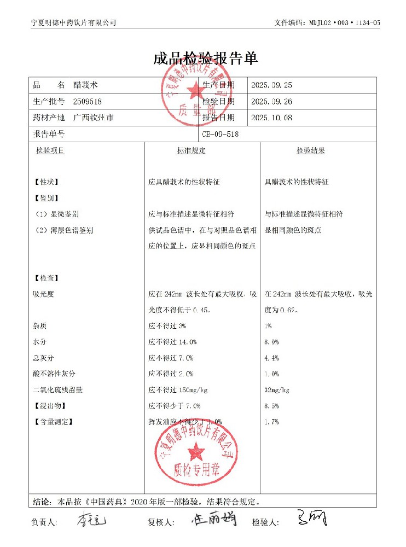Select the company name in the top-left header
(x=74, y=22)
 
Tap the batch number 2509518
(x=88, y=101)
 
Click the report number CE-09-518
(x=220, y=133)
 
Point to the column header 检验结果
(x=311, y=150)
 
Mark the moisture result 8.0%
(x=271, y=342)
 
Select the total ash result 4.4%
(x=271, y=358)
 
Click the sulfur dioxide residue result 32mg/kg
(x=277, y=390)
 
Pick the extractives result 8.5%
(x=271, y=406)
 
